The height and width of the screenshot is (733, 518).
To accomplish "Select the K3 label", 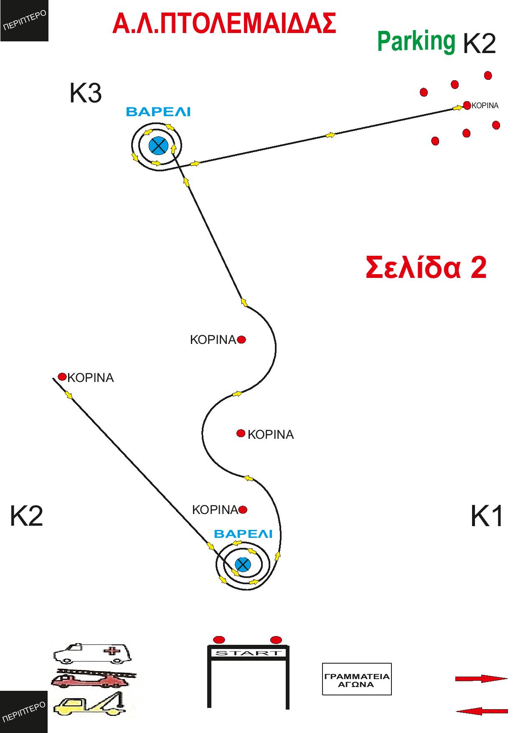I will [85, 94].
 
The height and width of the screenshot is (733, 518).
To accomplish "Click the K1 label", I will [487, 517].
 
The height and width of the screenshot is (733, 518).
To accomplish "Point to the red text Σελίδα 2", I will [426, 267].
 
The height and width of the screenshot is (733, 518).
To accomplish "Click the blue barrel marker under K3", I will [158, 145].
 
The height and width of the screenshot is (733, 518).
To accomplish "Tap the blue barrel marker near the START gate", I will [242, 565].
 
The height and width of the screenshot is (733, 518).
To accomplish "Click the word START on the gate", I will [248, 653].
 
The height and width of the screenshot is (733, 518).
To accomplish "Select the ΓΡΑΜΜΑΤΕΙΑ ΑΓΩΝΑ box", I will [357, 679].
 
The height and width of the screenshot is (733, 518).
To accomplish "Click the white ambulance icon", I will [92, 654].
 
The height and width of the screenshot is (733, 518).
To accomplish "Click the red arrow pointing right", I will [481, 679].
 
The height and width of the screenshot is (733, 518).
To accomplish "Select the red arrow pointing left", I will [481, 710].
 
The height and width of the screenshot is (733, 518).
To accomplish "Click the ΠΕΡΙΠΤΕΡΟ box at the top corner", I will [24, 20].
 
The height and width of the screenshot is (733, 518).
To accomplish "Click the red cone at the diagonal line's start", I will [62, 377].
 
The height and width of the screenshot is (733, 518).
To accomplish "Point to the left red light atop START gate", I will [219, 640].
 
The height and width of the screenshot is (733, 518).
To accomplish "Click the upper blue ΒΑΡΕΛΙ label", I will [158, 112].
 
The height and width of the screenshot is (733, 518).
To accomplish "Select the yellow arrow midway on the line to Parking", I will [330, 135].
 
